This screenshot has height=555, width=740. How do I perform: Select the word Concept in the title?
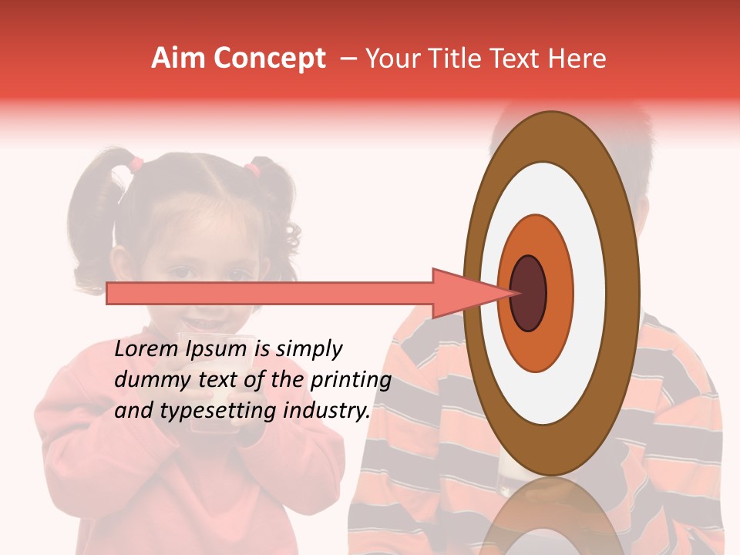click(270, 59)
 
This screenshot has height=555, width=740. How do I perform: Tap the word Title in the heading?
click(457, 59)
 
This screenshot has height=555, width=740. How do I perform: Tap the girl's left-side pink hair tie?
click(136, 163)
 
